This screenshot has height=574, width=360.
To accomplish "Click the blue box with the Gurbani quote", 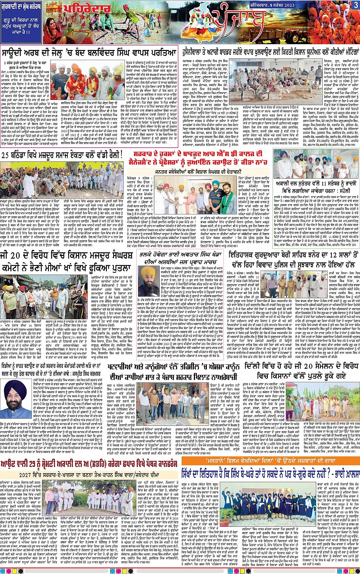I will coord(21,23).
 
